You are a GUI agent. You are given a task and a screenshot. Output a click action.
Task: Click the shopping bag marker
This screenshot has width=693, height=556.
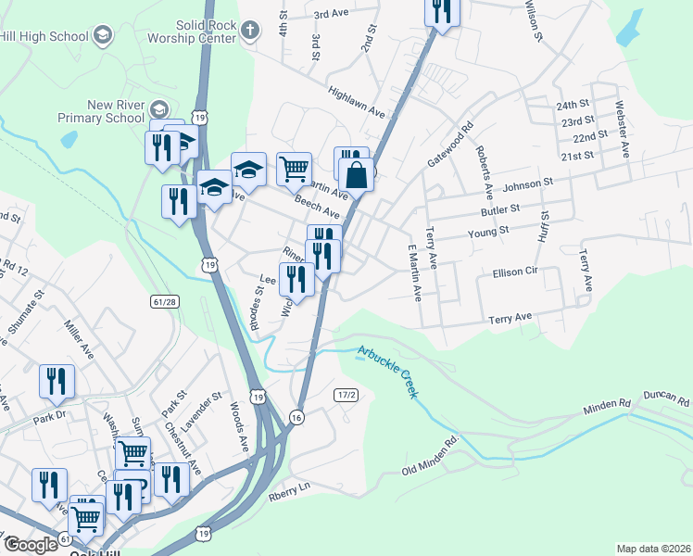pyautogui.click(x=356, y=173)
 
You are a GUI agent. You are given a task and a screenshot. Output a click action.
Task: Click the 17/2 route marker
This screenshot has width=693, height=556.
pyautogui.click(x=346, y=395)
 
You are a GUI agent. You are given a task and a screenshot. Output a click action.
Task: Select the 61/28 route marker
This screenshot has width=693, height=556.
pyautogui.click(x=163, y=302)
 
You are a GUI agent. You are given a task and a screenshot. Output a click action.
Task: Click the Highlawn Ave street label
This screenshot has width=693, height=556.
pyautogui.click(x=357, y=101)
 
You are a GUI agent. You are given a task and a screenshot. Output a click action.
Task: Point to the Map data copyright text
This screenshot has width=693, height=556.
pyautogui.click(x=653, y=549)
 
